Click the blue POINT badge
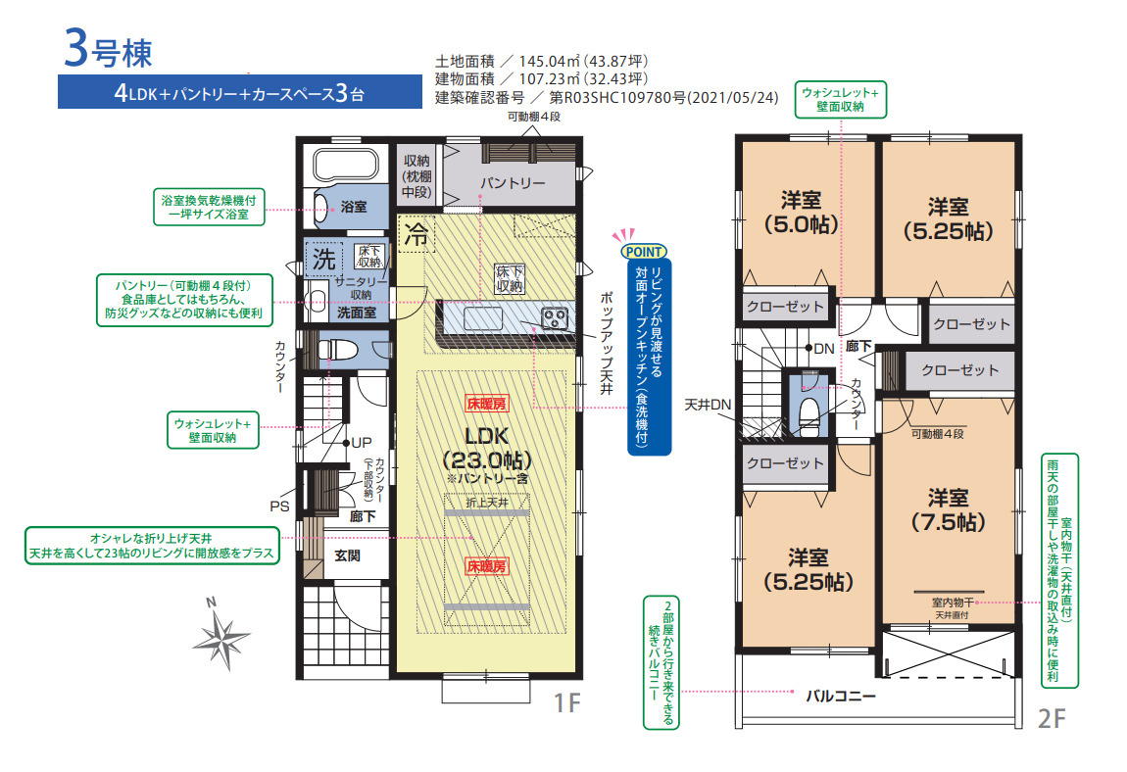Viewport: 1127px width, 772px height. [643, 252]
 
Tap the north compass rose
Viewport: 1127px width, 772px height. [221, 636]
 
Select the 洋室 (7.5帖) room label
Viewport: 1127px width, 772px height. [948, 509]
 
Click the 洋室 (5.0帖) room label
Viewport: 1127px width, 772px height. [801, 212]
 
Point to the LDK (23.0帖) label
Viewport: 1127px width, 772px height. [487, 448]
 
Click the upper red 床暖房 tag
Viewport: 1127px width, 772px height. [487, 404]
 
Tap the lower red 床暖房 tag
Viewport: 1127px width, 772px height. [487, 566]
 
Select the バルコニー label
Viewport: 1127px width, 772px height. [840, 695]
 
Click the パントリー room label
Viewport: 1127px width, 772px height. [513, 182]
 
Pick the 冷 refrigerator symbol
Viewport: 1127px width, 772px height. [416, 234]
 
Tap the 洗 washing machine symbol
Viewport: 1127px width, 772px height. [323, 259]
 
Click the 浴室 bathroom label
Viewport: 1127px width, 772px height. [353, 207]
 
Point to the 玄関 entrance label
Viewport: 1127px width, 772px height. [347, 555]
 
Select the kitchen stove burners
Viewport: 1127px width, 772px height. [554, 317]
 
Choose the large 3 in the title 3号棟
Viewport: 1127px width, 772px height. [76, 48]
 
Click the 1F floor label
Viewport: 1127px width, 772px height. [567, 702]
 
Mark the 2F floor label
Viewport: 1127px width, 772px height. [1053, 718]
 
